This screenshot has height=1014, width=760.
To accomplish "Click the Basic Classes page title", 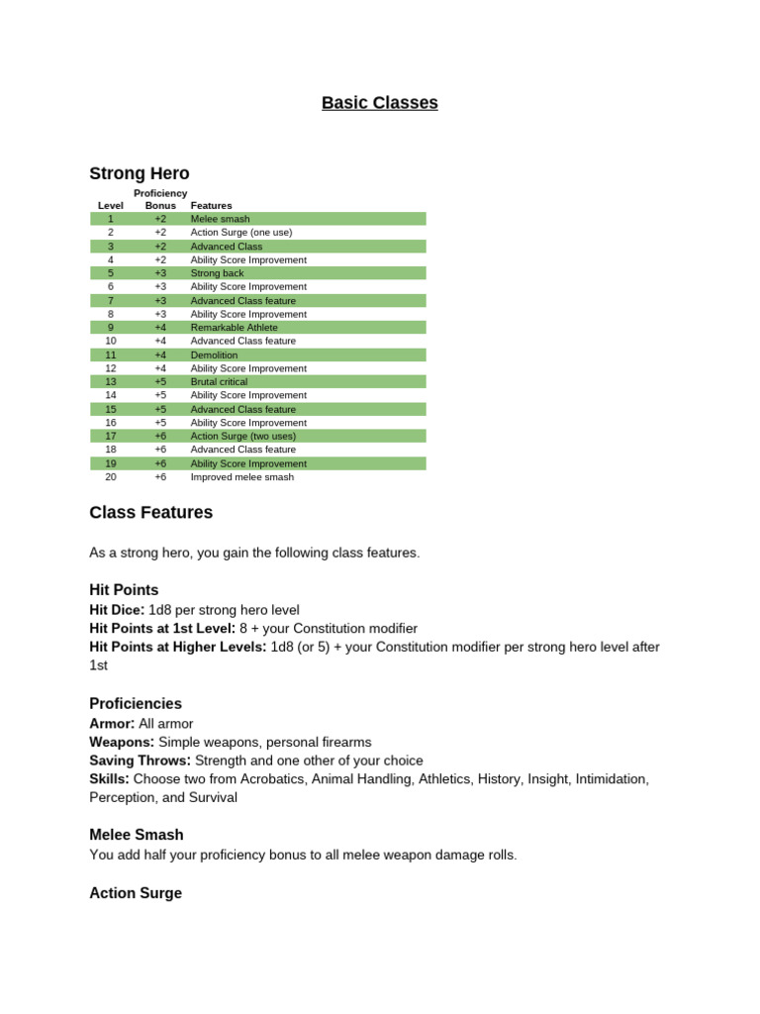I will [379, 103].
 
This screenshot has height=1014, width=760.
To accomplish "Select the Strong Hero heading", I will [140, 173].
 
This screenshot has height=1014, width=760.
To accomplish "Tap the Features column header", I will [211, 206].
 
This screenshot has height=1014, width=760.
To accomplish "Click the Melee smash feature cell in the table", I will [220, 219].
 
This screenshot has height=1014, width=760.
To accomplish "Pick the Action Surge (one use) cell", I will [240, 233].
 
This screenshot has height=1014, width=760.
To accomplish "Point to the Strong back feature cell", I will [216, 273].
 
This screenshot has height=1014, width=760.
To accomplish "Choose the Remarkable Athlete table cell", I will [234, 328].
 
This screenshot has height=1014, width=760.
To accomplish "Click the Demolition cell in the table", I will [214, 355].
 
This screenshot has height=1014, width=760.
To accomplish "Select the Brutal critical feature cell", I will [219, 382].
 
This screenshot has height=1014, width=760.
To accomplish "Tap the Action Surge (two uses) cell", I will [242, 436].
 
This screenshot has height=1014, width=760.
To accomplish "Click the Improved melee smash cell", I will [241, 477].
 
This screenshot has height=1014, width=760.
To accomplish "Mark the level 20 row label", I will [111, 477].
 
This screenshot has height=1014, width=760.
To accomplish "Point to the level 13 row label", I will [111, 382].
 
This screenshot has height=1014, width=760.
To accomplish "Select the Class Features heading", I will [150, 513].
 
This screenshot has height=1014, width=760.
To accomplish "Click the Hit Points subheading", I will [124, 590].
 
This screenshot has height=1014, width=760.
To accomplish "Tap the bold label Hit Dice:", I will [117, 610].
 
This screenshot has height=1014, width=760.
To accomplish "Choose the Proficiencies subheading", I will [136, 704].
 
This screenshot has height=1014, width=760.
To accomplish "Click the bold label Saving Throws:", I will [141, 760].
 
